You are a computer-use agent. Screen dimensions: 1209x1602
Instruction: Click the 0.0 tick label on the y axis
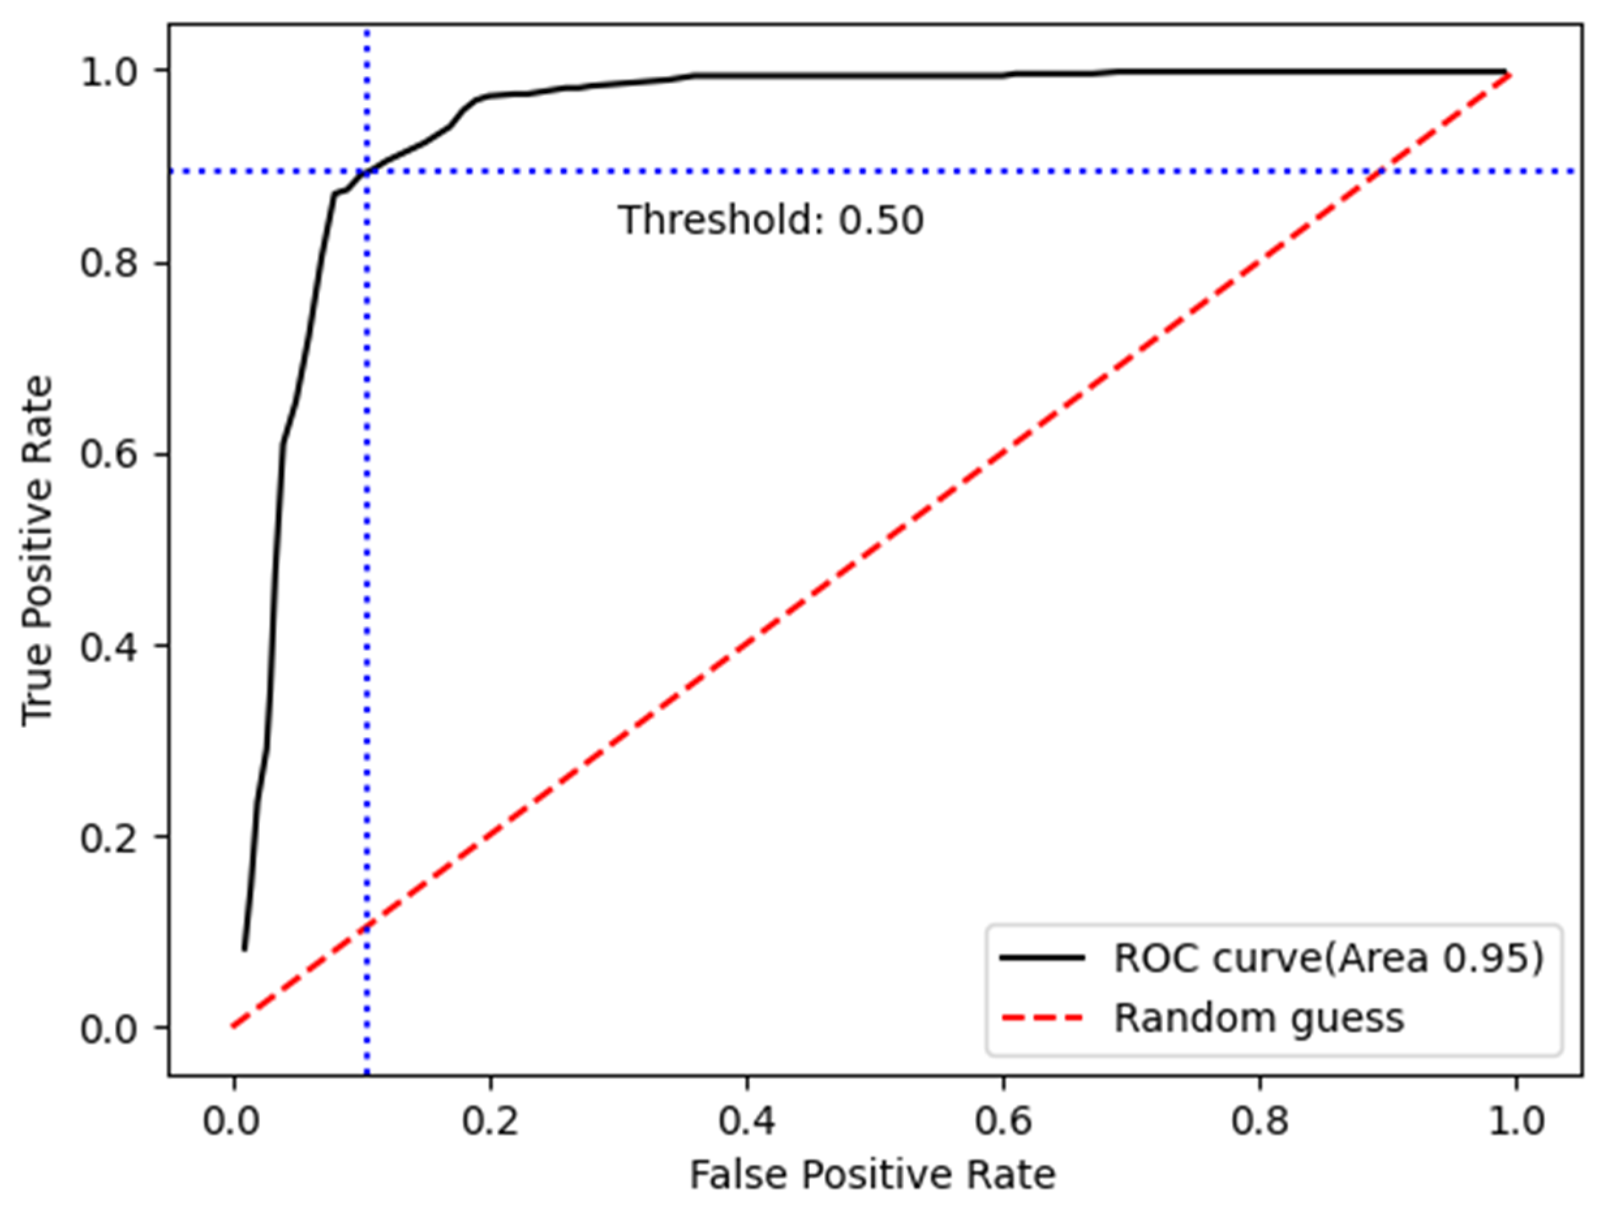[109, 1029]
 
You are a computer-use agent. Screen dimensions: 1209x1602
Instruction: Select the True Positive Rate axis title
[38, 550]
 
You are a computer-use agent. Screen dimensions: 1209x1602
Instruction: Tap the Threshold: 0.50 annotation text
[771, 219]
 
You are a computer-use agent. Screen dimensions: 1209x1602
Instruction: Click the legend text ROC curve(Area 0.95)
[1328, 958]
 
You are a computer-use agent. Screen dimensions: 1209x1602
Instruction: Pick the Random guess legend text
[1259, 1017]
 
